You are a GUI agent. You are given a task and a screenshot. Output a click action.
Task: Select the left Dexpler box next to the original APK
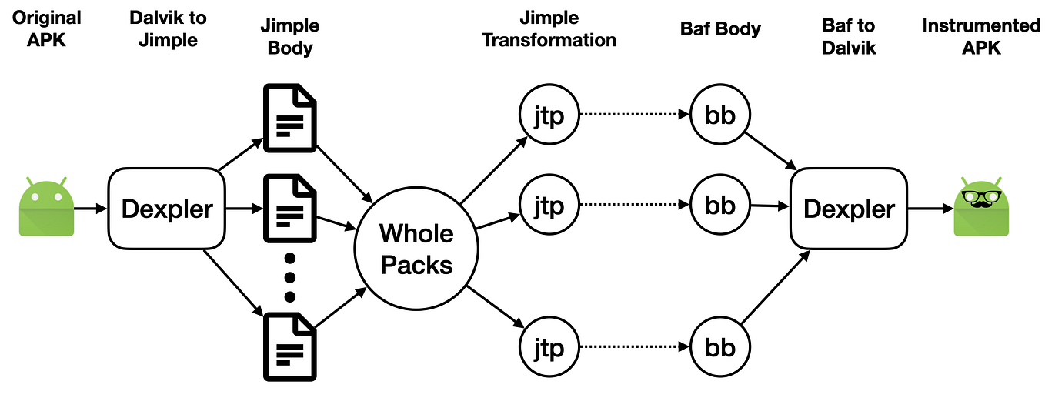pyautogui.click(x=166, y=208)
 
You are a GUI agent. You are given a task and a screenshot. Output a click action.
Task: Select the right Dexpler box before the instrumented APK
pyautogui.click(x=849, y=208)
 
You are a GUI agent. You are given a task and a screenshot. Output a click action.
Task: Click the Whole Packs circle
pyautogui.click(x=416, y=249)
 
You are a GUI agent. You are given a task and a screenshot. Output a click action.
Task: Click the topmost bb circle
pyautogui.click(x=720, y=115)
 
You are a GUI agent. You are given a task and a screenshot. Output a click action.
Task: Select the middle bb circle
pyautogui.click(x=720, y=206)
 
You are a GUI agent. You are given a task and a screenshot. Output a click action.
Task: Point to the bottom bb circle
pyautogui.click(x=720, y=347)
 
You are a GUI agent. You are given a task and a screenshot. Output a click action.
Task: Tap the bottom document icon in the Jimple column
pyautogui.click(x=290, y=346)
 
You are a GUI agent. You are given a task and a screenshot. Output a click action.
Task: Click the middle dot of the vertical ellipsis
pyautogui.click(x=290, y=277)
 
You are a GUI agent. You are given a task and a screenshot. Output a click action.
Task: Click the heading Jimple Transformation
pyautogui.click(x=549, y=28)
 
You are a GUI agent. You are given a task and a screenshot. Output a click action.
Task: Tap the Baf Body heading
pyautogui.click(x=720, y=29)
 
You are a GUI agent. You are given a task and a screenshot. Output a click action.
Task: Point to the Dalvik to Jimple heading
pyautogui.click(x=168, y=28)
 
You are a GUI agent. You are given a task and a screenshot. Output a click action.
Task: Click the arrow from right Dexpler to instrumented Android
pyautogui.click(x=929, y=208)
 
